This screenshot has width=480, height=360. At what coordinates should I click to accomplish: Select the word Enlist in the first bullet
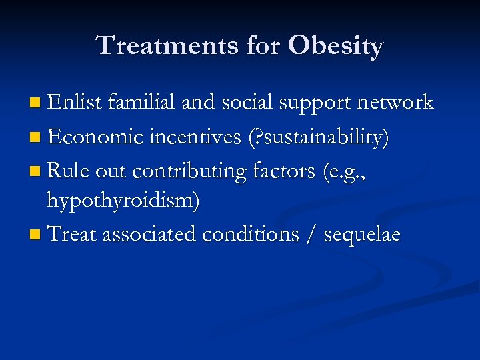[73, 103]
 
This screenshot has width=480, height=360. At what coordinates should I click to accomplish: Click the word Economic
[96, 137]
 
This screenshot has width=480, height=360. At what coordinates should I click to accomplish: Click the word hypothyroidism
[123, 201]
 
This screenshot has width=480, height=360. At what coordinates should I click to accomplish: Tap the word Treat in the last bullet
[71, 234]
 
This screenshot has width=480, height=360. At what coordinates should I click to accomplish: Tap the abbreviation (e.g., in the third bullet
[344, 172]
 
